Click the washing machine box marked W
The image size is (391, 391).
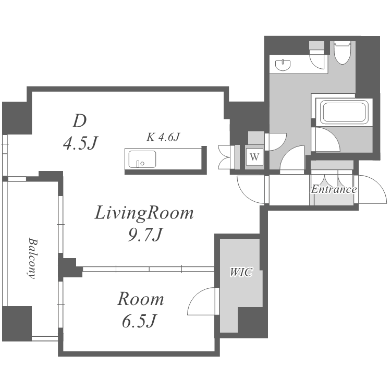point(254,156)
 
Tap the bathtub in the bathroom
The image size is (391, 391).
point(344,112)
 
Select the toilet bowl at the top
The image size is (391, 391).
point(343,53)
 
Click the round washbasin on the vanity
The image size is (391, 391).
point(283,65)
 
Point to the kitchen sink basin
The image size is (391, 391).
point(142,159)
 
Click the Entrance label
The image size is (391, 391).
point(334,189)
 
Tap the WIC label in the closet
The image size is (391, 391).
point(241,272)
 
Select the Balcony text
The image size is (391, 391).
point(32,259)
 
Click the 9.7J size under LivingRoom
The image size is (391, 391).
point(145,235)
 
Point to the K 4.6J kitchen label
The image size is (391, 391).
point(163,137)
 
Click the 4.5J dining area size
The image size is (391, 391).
point(81,143)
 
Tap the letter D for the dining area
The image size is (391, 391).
point(80,121)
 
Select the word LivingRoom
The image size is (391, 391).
point(144,213)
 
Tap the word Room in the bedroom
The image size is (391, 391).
point(141,299)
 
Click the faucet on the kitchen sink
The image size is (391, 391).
point(138,164)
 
